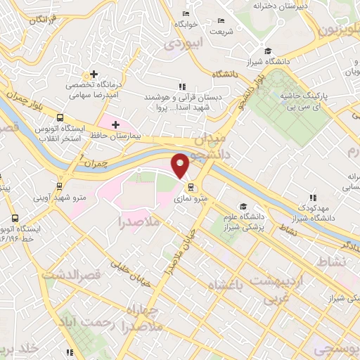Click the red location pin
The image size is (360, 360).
[x=181, y=165]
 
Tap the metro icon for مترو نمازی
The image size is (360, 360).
[x=191, y=186]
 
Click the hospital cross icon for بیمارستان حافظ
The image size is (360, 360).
[x=115, y=124]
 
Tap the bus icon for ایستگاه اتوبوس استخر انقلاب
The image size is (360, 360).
[x=60, y=118]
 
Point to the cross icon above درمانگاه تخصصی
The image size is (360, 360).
[x=92, y=74]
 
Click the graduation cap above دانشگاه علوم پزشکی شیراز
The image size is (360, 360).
[x=243, y=207]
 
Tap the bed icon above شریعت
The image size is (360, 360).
[x=221, y=20]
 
